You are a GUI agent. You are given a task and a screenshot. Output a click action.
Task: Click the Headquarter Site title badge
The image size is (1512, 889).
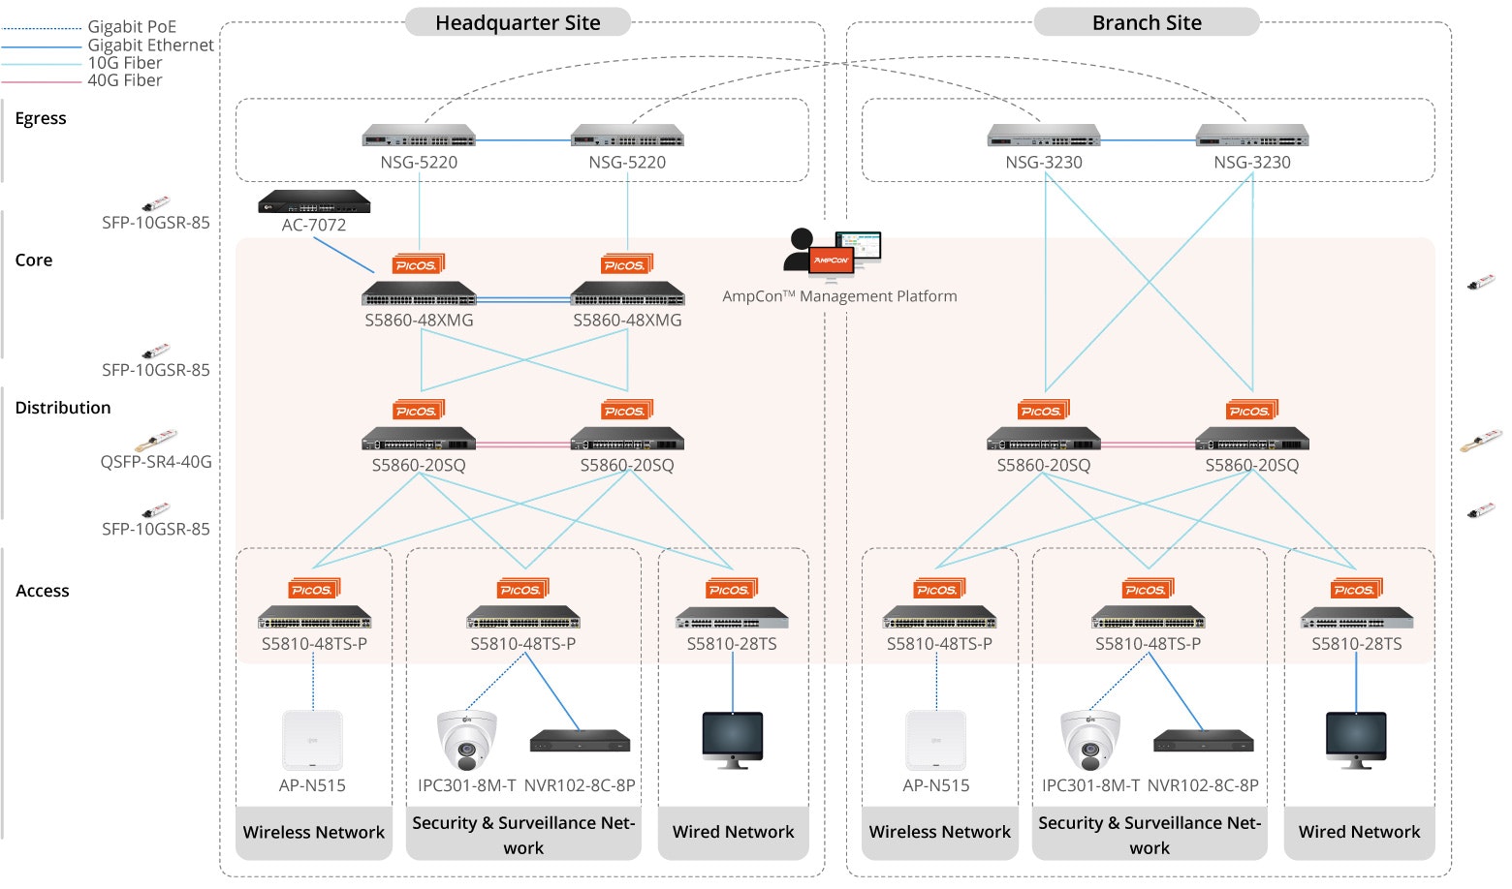(x=518, y=22)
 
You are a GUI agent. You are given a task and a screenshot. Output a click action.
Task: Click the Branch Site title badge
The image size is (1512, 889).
(x=1147, y=22)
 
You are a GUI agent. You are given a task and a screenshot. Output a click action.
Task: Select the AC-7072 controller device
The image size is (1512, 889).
(x=314, y=202)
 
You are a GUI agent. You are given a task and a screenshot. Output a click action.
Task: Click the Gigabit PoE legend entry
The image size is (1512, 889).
(x=132, y=27)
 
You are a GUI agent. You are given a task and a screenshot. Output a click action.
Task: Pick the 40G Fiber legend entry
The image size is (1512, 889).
(x=125, y=80)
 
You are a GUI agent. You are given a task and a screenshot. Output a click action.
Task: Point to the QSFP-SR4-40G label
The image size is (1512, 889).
(x=156, y=462)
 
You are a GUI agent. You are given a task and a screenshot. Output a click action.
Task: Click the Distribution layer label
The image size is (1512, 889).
(x=63, y=408)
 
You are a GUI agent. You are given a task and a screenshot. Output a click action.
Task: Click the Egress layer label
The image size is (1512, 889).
(x=41, y=118)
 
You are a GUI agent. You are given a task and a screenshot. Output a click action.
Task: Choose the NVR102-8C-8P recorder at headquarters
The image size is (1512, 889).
(x=580, y=742)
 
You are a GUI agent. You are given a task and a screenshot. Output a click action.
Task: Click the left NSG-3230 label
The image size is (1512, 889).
(x=1044, y=163)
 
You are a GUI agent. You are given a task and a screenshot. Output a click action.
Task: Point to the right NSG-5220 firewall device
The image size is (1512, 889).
(x=627, y=137)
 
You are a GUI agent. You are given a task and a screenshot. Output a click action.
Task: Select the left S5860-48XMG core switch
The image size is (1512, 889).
(x=419, y=293)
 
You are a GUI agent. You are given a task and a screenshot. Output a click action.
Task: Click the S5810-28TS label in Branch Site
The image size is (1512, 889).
(x=1356, y=644)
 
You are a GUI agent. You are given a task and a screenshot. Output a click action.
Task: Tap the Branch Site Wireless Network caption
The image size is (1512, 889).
(x=939, y=832)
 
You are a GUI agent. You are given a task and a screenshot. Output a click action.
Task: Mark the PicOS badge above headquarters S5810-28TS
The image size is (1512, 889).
(x=731, y=589)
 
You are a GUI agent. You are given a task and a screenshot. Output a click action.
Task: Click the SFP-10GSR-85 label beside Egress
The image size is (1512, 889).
(x=156, y=223)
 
